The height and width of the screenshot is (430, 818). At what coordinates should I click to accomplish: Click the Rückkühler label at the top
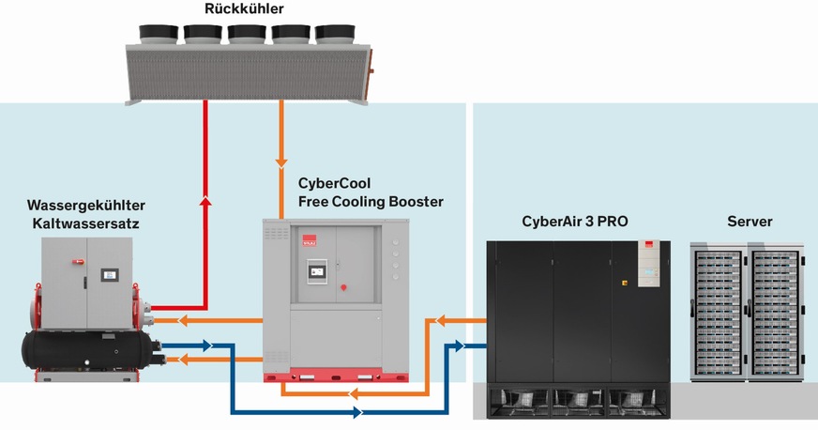click(x=244, y=9)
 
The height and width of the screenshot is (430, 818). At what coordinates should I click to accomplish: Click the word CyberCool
click(x=334, y=184)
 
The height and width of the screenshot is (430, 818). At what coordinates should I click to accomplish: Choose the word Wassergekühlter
click(x=86, y=205)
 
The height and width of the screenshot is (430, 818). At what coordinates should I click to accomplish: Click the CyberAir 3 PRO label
click(x=574, y=222)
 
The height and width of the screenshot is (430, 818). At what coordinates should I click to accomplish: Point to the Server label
click(x=750, y=222)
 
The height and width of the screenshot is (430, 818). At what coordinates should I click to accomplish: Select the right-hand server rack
click(x=775, y=310)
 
